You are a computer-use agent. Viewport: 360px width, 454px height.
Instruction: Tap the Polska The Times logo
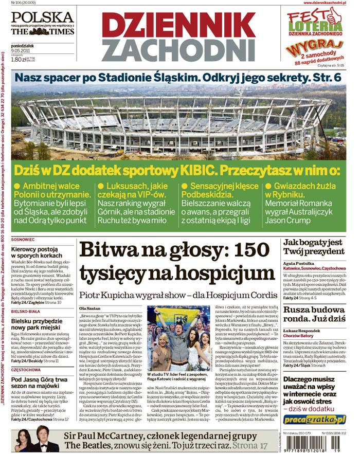click(42, 24)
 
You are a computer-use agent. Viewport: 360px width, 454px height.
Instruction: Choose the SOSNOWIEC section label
click(23, 240)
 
